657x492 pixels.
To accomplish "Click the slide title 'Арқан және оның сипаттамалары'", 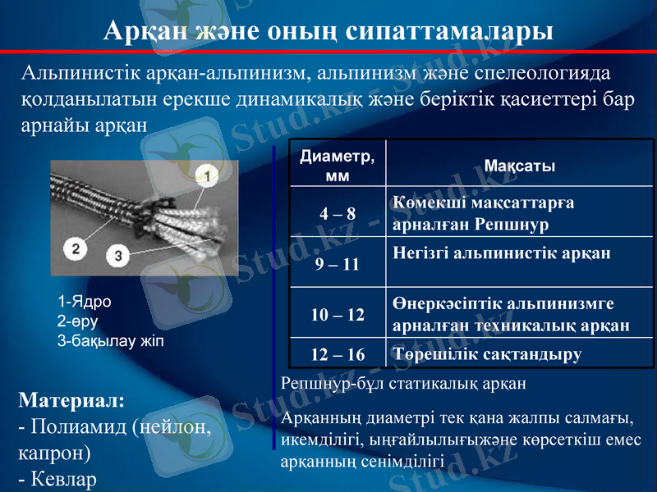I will coord(328,30).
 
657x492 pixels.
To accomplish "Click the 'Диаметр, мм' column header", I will coord(337,164).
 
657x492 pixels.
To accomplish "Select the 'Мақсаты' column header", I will coord(520,166).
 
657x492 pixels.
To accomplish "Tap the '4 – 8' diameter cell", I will coord(338,214).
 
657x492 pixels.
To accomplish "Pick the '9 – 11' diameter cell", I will coord(338,264).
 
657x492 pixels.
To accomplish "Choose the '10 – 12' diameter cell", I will coord(338,315).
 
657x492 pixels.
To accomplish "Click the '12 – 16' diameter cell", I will coord(338,354).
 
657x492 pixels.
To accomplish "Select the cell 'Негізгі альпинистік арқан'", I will coord(502,253).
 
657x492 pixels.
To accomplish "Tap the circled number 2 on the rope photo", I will coord(76,247).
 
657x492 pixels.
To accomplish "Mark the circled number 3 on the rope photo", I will coord(119,256).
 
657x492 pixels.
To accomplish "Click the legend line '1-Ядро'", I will coord(85,301).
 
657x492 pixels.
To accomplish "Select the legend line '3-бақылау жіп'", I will coord(111,340).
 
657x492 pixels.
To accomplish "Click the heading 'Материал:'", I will coord(71,401).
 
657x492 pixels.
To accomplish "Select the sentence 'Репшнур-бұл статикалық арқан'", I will coord(402,383).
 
